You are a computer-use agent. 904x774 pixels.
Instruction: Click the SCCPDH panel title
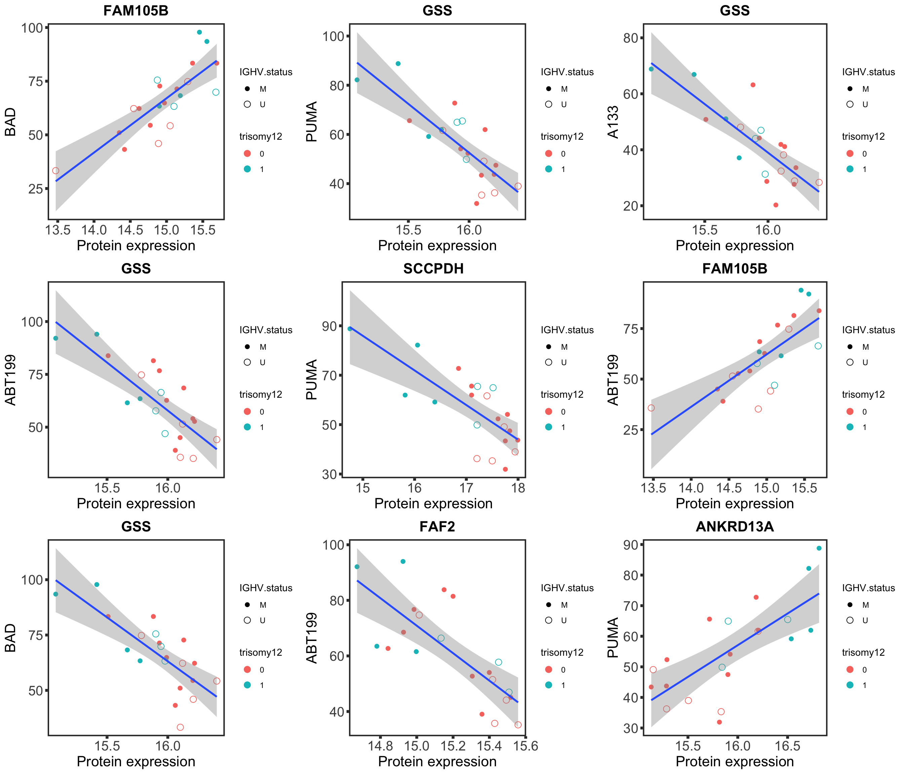433,269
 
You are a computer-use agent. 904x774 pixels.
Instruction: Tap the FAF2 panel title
437,527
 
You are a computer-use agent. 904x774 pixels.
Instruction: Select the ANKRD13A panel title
735,527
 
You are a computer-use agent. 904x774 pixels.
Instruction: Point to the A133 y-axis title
613,122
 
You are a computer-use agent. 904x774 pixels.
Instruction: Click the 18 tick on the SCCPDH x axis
518,488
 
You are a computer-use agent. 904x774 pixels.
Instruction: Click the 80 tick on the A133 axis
631,38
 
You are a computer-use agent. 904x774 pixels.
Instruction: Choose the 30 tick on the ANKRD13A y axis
631,728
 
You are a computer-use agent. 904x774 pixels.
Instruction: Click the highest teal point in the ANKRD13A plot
819,548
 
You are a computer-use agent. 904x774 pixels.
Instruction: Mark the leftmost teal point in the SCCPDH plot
350,329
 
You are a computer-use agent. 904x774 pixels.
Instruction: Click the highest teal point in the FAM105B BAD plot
199,32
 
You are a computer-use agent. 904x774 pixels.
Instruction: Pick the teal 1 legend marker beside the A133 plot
850,169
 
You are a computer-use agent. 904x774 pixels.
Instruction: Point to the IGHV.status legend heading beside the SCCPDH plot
567,330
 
